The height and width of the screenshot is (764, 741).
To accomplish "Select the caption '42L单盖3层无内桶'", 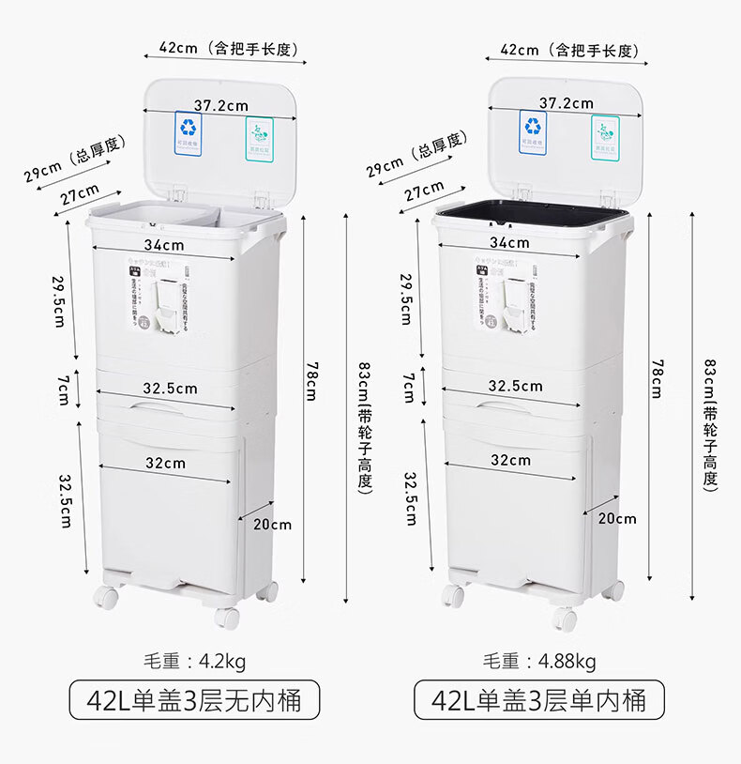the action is point(195,700).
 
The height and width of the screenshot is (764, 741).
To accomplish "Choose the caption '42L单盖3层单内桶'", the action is point(538,700).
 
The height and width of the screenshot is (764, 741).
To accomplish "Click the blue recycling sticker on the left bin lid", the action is point(188,132).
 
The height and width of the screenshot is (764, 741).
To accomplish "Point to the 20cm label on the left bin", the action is point(272,525).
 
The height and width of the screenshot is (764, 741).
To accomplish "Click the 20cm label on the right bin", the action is point(617,518).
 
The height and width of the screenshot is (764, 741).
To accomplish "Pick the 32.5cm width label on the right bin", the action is point(515,385).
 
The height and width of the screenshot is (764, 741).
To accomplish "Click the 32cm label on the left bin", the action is point(165,463).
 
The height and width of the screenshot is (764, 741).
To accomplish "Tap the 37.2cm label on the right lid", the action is point(566,102).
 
